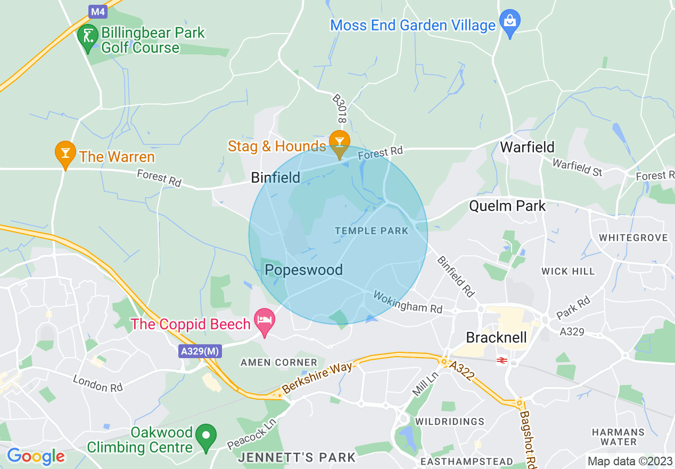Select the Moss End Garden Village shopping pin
point(510,22)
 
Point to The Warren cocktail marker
point(65,153)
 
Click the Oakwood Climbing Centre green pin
point(206,436)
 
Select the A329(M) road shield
point(200,352)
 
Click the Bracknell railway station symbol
point(500,361)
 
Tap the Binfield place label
point(276,177)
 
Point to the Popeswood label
point(303,270)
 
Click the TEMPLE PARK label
point(372,231)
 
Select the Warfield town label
point(527,147)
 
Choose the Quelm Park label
point(507,206)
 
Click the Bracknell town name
point(496,337)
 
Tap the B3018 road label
point(339,109)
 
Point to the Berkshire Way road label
point(317,378)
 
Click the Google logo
point(36,456)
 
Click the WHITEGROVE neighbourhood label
point(633,238)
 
